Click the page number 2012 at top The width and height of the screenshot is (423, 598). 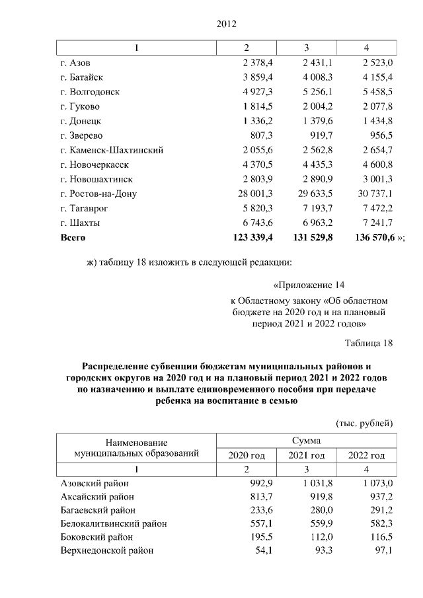point(226,24)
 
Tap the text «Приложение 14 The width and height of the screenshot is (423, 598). point(309,286)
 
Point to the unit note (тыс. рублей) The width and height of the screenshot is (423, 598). point(365,422)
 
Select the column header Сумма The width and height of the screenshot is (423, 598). point(306,440)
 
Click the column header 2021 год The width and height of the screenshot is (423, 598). point(307,455)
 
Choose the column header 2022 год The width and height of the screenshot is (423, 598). point(365,455)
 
